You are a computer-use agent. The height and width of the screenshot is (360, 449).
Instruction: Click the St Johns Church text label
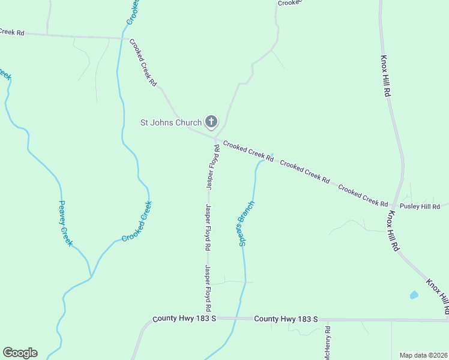(170, 123)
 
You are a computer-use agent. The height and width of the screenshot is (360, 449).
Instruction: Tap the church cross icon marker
(211, 122)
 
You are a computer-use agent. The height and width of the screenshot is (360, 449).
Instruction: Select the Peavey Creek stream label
(65, 223)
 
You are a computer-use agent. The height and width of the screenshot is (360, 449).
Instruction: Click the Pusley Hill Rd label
(420, 206)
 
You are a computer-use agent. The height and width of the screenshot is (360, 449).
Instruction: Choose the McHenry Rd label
(328, 343)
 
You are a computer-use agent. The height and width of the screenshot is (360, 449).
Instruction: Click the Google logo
(20, 353)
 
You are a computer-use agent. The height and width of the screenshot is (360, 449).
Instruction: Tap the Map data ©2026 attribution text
(424, 355)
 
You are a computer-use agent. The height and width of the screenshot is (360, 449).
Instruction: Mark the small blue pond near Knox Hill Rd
(414, 295)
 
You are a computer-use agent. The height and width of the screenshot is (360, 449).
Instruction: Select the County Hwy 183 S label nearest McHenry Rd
(286, 319)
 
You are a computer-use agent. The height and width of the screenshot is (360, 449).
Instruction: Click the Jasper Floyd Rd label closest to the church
(213, 167)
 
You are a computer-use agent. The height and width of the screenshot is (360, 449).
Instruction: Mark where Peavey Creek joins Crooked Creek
(91, 277)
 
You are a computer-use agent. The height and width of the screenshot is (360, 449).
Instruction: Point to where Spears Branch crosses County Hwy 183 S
(239, 319)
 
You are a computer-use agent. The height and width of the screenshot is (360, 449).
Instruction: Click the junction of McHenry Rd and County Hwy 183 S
(328, 320)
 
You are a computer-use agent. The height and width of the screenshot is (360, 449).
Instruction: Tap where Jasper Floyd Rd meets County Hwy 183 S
(209, 318)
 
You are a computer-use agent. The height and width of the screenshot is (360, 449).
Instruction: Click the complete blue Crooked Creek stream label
(137, 221)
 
